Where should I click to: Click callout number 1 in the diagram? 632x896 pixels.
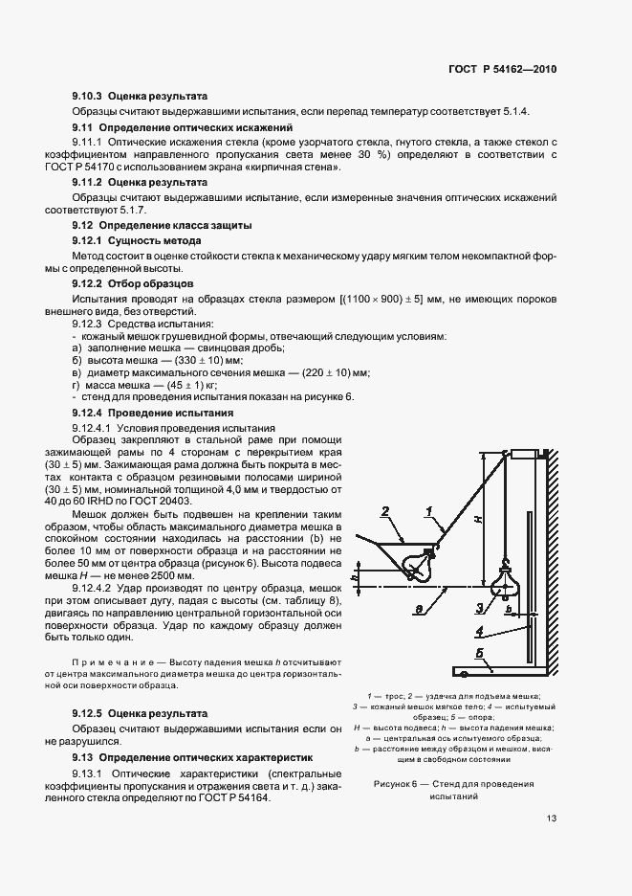click(430, 510)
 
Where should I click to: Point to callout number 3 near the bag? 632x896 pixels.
click(478, 607)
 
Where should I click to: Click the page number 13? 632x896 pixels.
click(552, 818)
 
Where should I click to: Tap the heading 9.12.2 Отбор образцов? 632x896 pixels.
click(133, 284)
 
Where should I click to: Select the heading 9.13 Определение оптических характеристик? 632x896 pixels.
click(199, 756)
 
